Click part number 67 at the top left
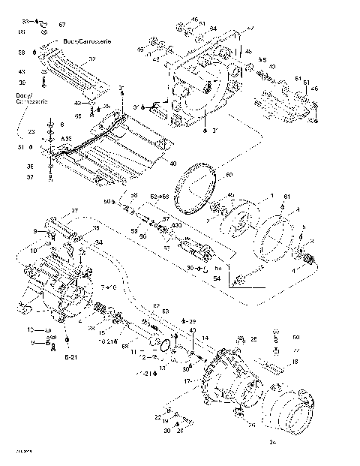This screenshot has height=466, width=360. click(x=61, y=26)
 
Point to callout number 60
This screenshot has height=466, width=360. click(x=229, y=175)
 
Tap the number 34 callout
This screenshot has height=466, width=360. click(x=98, y=242)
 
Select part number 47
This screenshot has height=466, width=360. click(x=250, y=28)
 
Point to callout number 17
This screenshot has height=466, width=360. click(x=187, y=381)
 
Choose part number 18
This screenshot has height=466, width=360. click(x=295, y=362)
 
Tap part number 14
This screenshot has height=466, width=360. click(x=204, y=340)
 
